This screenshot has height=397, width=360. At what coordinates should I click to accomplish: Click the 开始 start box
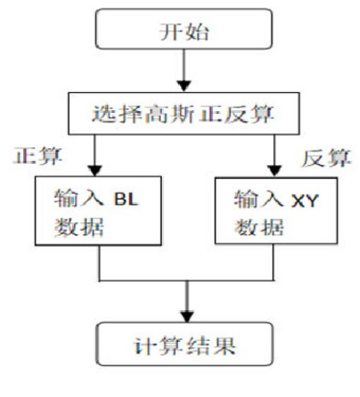coord(183,28)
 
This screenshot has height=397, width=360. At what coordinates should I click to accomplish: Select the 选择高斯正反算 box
coord(183,114)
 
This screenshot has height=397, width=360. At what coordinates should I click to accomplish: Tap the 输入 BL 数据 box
coord(98,211)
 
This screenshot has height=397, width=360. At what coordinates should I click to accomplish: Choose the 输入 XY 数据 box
coord(276,211)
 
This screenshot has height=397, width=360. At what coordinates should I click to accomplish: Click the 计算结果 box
coord(184,344)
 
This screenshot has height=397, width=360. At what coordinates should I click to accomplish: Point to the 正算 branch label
coord(38,157)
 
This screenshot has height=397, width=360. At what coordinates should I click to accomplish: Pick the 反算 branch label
coord(326,158)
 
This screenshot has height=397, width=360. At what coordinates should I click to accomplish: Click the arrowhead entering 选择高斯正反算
coord(183,86)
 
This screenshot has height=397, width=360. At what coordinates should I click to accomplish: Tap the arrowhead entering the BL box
coord(95,171)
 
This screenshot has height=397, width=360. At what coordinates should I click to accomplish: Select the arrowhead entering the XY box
coord(275,171)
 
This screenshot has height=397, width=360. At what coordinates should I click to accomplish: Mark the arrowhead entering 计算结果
coord(187,317)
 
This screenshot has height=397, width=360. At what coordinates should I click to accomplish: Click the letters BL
coord(127,199)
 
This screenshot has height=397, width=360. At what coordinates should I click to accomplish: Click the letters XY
coord(305,201)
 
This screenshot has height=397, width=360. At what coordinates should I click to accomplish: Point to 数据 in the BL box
coord(79,227)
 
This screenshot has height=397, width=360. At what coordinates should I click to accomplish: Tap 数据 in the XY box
coord(259,227)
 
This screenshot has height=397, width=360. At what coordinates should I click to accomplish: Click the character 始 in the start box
coord(197,31)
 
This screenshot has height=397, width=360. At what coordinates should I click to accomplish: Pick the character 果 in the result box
coord(225,346)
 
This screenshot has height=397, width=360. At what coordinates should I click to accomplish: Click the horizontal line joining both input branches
coord(186,281)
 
